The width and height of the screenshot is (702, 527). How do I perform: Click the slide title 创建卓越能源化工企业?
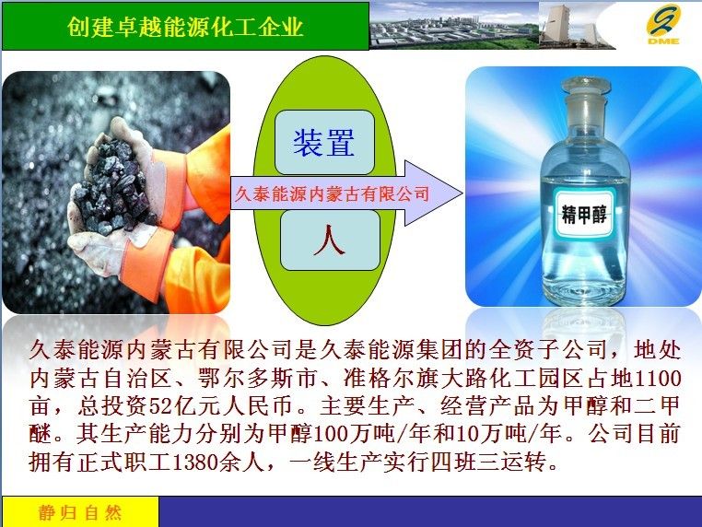coord(185,27)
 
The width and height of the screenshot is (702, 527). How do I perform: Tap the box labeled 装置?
coord(324,143)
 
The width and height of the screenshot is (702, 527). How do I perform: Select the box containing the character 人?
coord(330,240)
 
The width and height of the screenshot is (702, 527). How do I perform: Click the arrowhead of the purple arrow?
coord(433,193)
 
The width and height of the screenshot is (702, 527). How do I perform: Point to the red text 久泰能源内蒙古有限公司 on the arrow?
coord(333,193)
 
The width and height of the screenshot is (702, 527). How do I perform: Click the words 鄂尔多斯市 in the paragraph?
coord(257,379)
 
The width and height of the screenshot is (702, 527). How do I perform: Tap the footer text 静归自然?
coord(80,512)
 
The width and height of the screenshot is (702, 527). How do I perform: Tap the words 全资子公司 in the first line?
coord(549,350)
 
